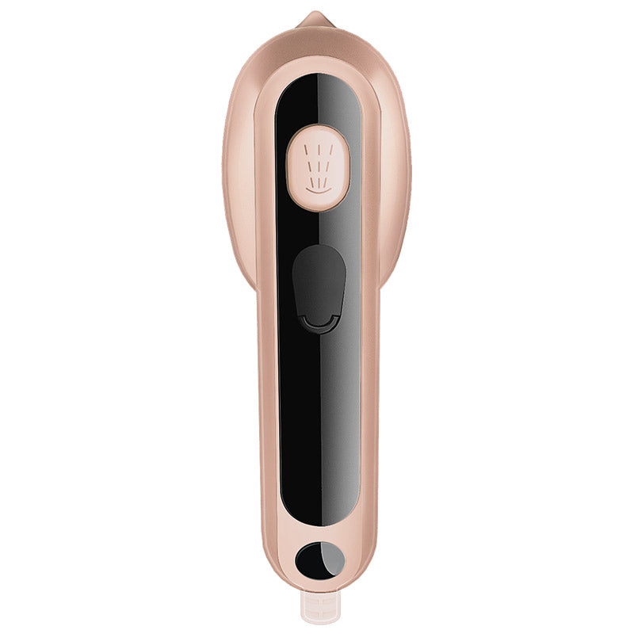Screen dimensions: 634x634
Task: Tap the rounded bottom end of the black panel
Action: tap(317, 519)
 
